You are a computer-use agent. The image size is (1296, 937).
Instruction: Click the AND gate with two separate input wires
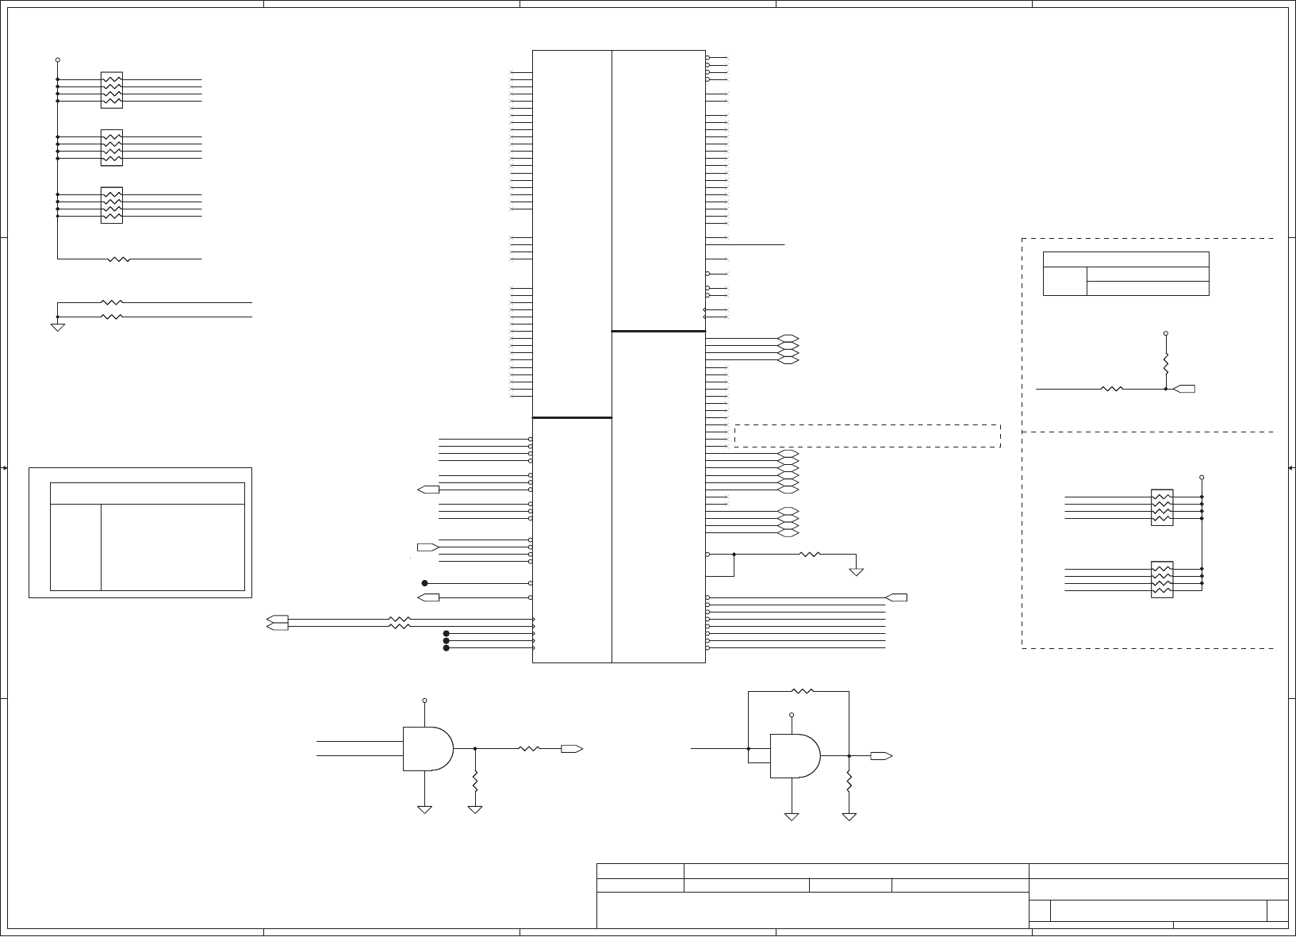coord(427,748)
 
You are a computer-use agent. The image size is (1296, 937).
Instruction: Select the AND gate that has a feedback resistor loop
coord(794,755)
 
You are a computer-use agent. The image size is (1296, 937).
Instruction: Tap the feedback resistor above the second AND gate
coord(803,691)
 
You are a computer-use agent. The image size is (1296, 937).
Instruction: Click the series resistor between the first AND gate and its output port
coord(528,748)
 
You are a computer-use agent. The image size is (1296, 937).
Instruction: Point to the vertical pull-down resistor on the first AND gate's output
coord(475,781)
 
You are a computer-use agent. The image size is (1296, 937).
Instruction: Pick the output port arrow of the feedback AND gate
coord(880,756)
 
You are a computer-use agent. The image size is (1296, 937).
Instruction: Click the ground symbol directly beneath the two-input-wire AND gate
coord(424,809)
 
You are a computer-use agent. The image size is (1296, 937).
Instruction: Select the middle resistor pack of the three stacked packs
coord(112,148)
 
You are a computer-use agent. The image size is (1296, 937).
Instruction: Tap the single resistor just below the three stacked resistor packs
coord(119,259)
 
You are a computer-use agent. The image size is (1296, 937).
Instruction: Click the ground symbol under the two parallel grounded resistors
coord(58,327)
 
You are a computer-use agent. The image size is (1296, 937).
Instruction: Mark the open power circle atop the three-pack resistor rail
coord(58,60)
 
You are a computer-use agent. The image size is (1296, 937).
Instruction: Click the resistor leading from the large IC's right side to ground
coord(810,554)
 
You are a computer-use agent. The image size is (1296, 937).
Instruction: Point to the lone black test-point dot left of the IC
coord(424,583)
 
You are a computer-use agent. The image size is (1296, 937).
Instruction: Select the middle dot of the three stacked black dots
coord(446,640)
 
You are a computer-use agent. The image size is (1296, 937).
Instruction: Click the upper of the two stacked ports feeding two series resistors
coord(278,619)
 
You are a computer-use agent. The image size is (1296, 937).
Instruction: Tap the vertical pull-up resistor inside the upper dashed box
coord(1166,364)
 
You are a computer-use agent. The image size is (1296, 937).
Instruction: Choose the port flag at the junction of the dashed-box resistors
coord(1184,389)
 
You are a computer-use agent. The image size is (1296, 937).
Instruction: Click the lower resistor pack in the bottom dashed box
coord(1161,579)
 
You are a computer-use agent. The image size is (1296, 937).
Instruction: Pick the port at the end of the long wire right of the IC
coord(896,597)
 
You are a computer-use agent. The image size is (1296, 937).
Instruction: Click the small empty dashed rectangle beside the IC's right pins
coord(868,436)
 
